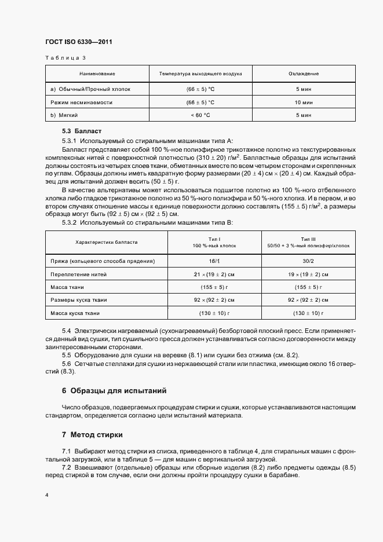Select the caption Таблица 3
65,58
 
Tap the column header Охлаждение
304,74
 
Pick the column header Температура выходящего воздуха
200,74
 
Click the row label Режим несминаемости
82,102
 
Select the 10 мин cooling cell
304,102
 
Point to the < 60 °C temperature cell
200,115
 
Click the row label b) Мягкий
64,115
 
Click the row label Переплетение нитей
79,274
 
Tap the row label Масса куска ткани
76,313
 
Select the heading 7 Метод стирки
92,434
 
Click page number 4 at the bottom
47,496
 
